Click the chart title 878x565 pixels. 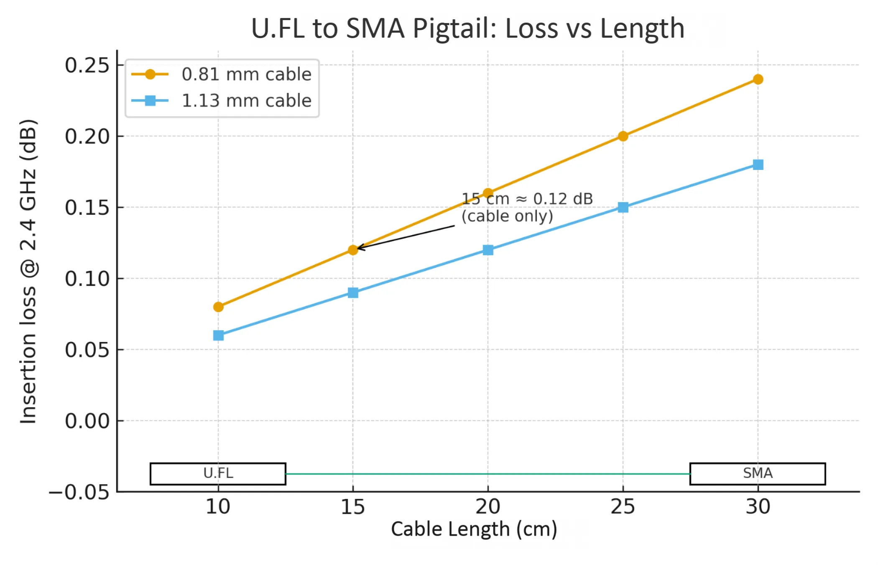click(467, 28)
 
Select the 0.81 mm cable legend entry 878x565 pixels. click(246, 74)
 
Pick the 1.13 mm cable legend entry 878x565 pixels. click(246, 101)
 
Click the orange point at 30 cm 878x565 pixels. click(758, 80)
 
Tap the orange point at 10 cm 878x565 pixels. click(218, 307)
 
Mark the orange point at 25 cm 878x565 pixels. click(623, 136)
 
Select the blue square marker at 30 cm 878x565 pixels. click(758, 164)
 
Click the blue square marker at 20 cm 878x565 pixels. click(488, 250)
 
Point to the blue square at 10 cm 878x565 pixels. click(218, 335)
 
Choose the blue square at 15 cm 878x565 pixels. click(353, 293)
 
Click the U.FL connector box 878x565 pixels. click(218, 474)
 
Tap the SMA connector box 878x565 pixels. click(757, 474)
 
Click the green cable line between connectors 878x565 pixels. click(487, 474)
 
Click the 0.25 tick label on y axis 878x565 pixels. click(87, 65)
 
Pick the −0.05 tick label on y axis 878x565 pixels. click(79, 492)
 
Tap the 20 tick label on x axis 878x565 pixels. click(487, 507)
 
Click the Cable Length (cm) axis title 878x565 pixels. click(474, 529)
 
